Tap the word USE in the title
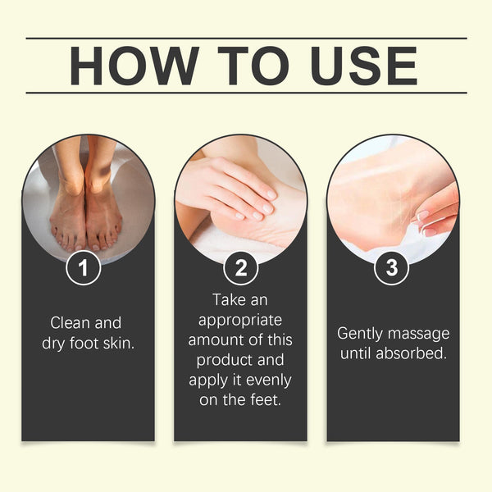pos(354,66)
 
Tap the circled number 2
pos(241,268)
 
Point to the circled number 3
pos(392,268)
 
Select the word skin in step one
pos(117,343)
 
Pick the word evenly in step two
pos(269,380)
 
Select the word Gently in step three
pos(361,334)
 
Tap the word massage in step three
pos(421,334)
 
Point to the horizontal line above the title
pos(246,39)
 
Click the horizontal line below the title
pos(246,93)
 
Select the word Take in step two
pos(229,300)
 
